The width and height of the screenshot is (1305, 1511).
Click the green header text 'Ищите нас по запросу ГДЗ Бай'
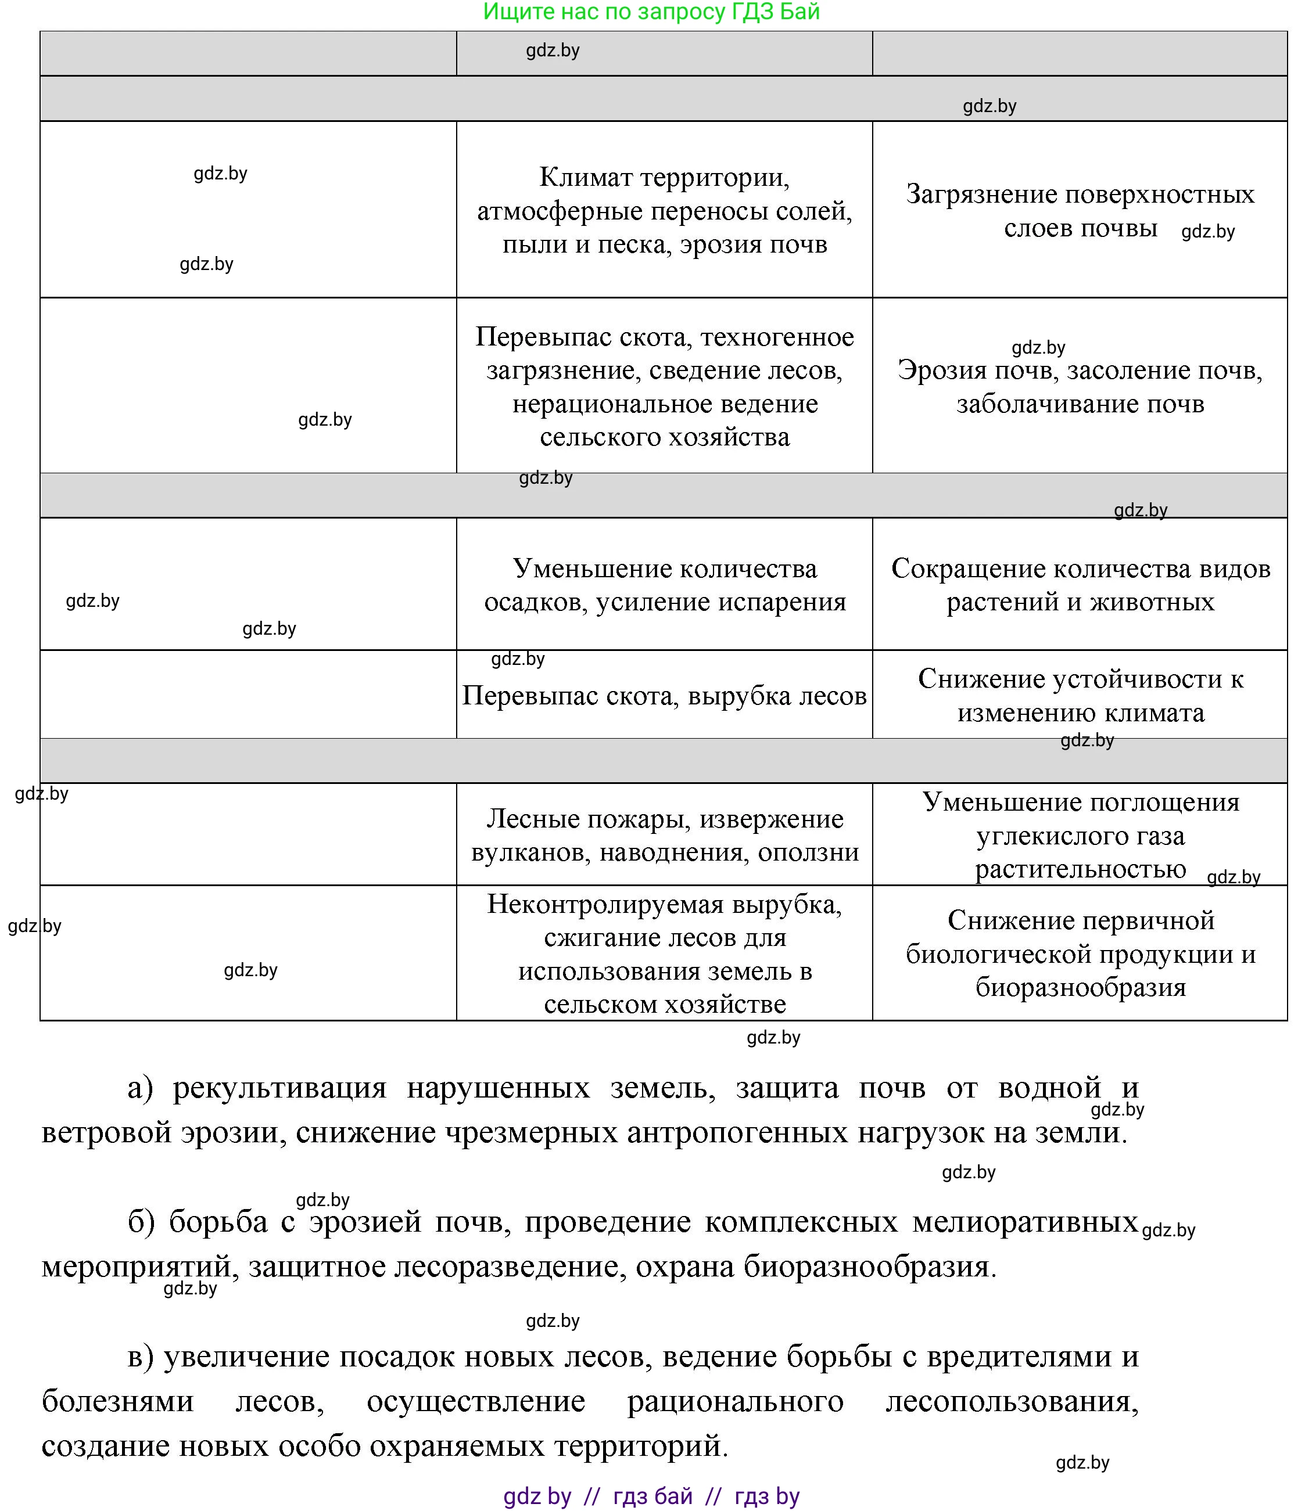651,12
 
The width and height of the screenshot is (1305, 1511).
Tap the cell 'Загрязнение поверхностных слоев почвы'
1080,210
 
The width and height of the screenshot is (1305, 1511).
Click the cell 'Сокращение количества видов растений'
1080,585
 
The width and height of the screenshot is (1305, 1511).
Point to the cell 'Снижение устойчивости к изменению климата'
1080,695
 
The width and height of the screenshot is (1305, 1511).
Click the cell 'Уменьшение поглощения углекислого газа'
1080,835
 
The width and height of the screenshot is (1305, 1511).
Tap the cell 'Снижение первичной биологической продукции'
1080,953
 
